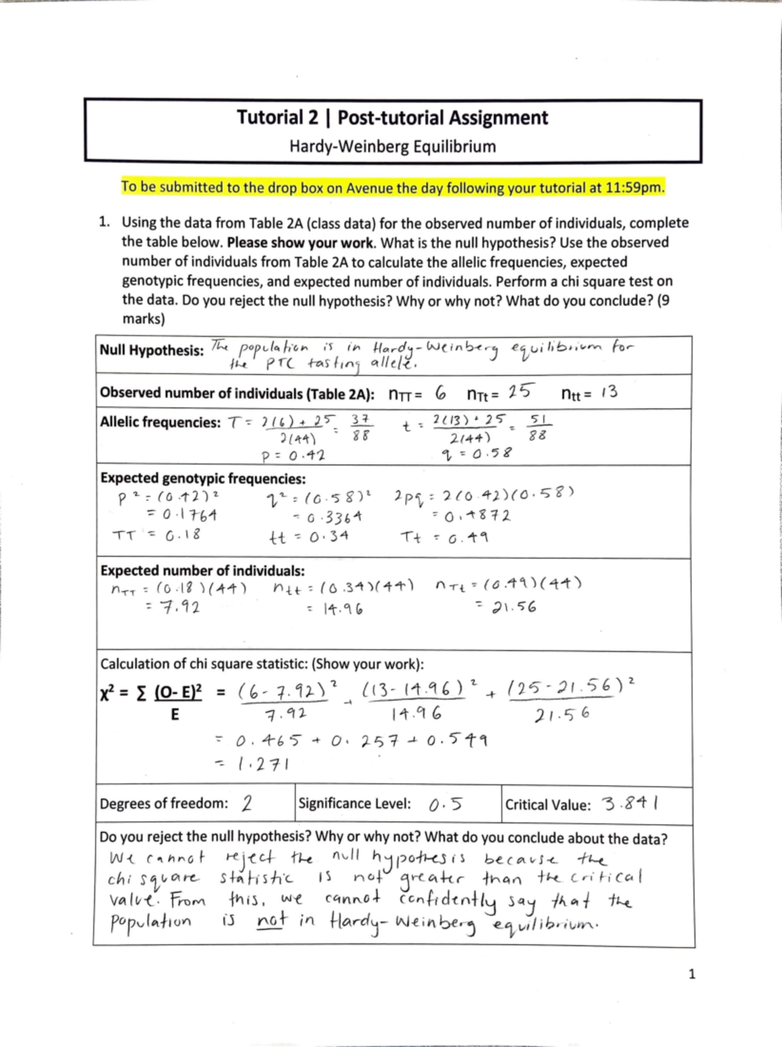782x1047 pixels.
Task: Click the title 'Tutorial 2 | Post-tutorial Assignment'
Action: click(392, 118)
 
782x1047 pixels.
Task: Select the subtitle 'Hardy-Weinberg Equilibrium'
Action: click(392, 147)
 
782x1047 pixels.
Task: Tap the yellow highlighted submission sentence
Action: click(393, 188)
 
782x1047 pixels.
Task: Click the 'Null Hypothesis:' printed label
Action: click(151, 351)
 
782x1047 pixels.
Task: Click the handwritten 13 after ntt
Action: click(609, 392)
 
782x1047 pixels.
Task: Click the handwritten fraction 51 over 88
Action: click(538, 428)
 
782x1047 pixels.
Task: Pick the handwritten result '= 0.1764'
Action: click(181, 515)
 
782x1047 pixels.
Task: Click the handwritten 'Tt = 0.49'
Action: click(446, 538)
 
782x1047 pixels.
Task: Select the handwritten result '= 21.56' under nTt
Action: click(507, 608)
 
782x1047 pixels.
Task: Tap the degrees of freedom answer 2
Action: click(247, 803)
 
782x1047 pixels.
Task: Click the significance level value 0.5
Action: click(446, 804)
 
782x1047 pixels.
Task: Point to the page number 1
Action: click(692, 975)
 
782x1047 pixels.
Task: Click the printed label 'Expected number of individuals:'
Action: click(202, 571)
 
